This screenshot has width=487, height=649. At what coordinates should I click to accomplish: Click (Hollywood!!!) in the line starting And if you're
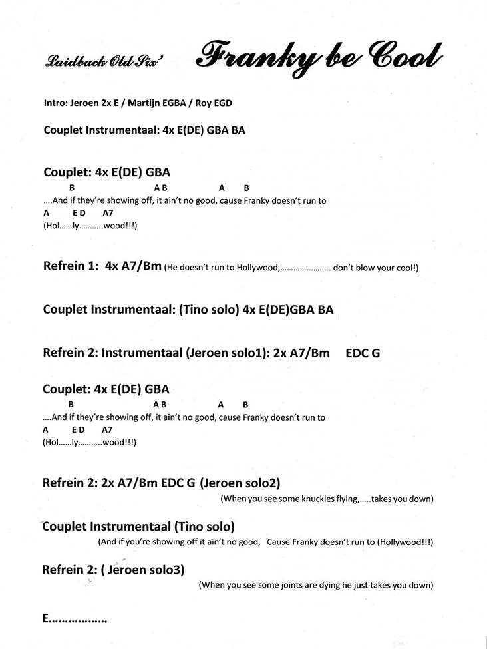click(405, 542)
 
